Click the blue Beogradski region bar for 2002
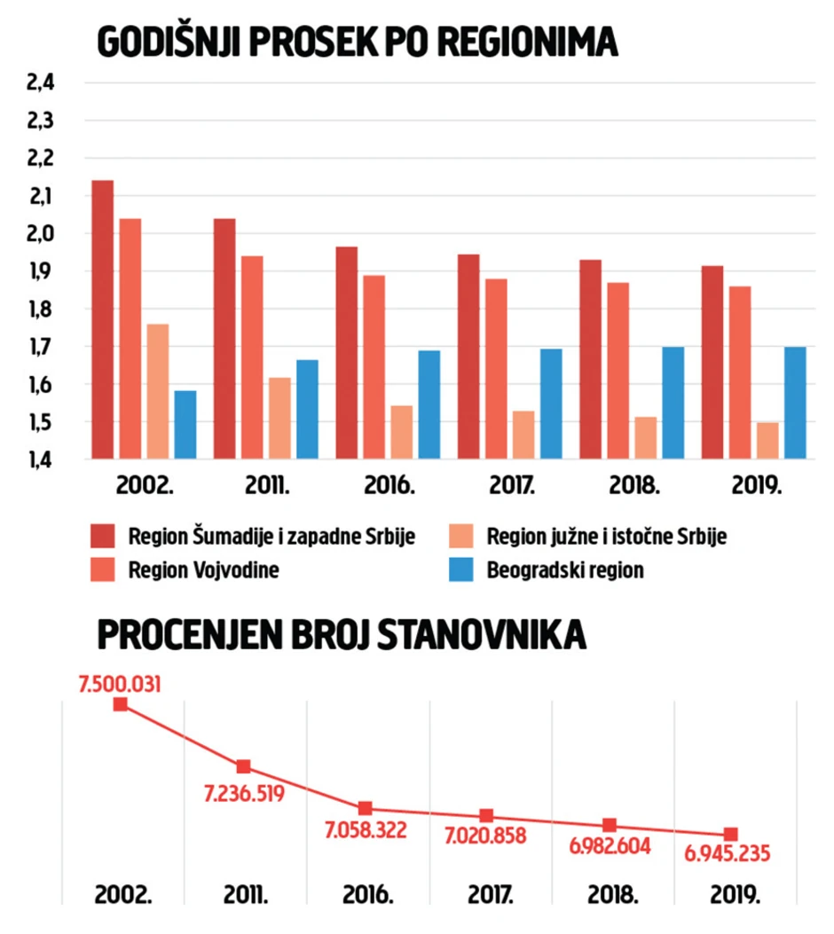(x=185, y=425)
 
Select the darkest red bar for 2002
(x=103, y=319)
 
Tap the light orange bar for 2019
(x=767, y=441)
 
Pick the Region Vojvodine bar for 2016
(x=374, y=366)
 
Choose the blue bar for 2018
(x=673, y=403)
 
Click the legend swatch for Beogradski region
(x=462, y=570)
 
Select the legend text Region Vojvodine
(x=203, y=570)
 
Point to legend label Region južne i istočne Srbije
(x=607, y=537)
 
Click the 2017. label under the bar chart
(x=512, y=487)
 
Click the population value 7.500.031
(x=121, y=683)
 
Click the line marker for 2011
(x=243, y=766)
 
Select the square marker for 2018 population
(x=610, y=825)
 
